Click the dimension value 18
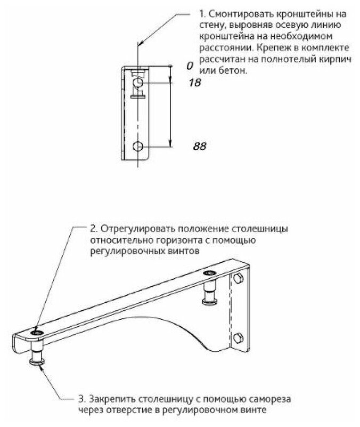[195, 83]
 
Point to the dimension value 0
[189, 66]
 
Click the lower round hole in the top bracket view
[138, 146]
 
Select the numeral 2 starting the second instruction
[93, 229]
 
